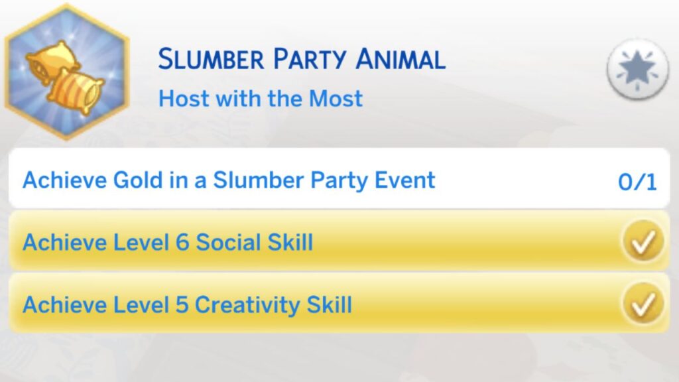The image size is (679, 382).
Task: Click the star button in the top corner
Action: pos(637,69)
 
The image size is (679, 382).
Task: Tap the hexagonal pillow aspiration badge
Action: pos(67,72)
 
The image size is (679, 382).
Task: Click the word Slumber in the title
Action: pos(211,59)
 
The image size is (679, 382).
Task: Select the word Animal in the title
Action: pos(401,59)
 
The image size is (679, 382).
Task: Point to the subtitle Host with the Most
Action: pos(261,98)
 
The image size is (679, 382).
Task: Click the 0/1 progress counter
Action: pos(637,182)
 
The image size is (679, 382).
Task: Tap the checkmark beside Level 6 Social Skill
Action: pos(643,241)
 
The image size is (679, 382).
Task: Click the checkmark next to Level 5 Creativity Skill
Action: pos(643,304)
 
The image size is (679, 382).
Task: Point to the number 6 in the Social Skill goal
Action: pos(182,242)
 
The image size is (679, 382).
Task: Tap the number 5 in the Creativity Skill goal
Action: pos(182,304)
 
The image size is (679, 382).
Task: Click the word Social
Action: pos(228,242)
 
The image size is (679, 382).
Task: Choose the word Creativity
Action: pos(247,305)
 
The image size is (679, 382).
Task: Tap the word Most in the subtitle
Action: pos(336,98)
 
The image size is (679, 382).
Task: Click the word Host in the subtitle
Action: pos(184,98)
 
